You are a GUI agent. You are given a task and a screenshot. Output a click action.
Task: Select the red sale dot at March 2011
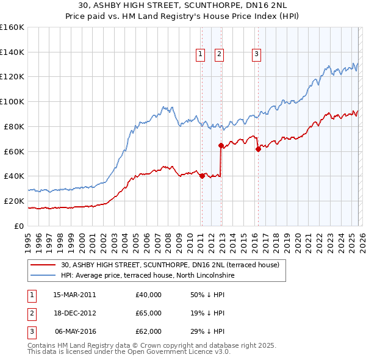click(x=201, y=176)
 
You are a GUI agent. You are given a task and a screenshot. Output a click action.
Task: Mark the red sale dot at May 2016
click(x=258, y=149)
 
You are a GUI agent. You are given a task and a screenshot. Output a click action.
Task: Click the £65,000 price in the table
click(x=149, y=313)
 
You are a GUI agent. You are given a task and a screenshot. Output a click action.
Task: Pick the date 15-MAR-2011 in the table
click(x=74, y=295)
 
